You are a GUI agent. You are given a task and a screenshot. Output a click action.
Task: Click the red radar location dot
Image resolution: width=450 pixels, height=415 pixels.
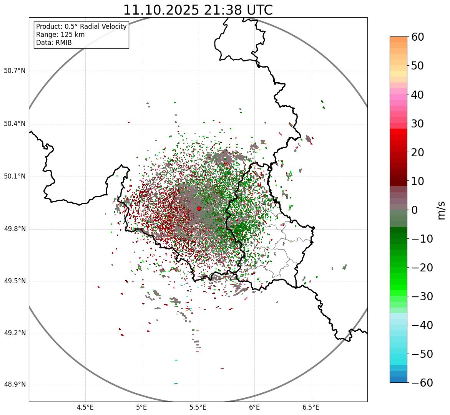point(199,208)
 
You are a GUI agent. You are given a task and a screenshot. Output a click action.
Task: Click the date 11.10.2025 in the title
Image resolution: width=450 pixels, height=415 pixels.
point(161,10)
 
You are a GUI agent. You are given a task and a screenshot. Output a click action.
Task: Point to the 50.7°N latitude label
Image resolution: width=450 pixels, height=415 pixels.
point(15,71)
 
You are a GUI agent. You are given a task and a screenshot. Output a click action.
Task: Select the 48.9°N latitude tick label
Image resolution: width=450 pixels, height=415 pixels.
point(15,385)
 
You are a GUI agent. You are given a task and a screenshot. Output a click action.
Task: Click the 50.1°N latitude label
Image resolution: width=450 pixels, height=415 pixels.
point(15,177)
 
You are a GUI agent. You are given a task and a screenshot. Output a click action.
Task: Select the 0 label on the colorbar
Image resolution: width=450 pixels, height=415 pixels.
point(415,210)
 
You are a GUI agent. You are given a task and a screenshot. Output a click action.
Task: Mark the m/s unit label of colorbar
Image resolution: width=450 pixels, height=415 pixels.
point(441,210)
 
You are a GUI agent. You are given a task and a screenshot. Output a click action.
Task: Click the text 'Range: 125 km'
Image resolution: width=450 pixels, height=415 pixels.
point(60,35)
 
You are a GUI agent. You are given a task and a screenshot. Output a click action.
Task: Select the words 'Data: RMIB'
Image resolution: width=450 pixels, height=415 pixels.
point(54,43)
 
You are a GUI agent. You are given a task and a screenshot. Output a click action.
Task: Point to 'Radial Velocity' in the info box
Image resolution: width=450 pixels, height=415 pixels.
point(104,26)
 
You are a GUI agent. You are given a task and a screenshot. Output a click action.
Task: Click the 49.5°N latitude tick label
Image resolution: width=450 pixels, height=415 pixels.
point(15,281)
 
